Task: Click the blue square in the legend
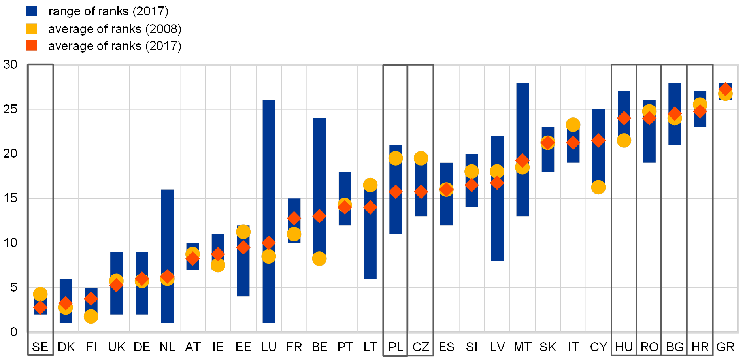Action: point(32,11)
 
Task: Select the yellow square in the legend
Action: point(32,29)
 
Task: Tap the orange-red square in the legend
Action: point(32,45)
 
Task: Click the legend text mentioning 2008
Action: point(114,29)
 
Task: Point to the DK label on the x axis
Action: point(68,347)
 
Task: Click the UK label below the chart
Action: point(117,347)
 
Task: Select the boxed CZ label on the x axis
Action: point(421,347)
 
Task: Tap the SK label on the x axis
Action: point(548,347)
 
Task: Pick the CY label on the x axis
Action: point(598,347)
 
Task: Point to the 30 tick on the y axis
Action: point(11,64)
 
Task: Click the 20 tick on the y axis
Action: point(11,153)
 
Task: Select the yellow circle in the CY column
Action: point(598,187)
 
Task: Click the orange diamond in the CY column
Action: point(598,140)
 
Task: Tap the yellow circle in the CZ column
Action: point(421,158)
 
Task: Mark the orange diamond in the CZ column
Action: point(421,192)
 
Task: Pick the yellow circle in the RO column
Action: point(649,111)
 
